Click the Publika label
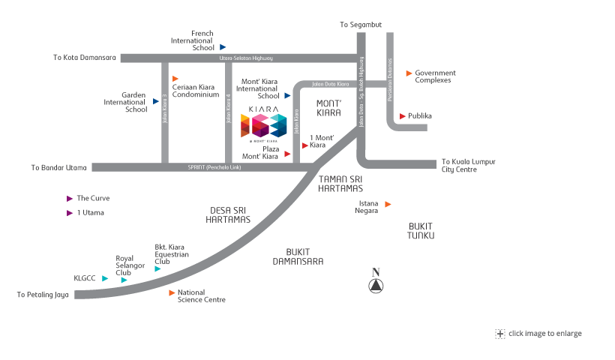(421, 116)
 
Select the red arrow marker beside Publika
(403, 116)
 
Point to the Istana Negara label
(367, 207)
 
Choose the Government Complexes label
(436, 76)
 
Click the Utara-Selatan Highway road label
(246, 58)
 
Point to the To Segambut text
(361, 25)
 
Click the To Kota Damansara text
(84, 57)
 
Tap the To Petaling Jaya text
(43, 295)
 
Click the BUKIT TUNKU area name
(421, 230)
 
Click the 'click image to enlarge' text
(544, 334)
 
